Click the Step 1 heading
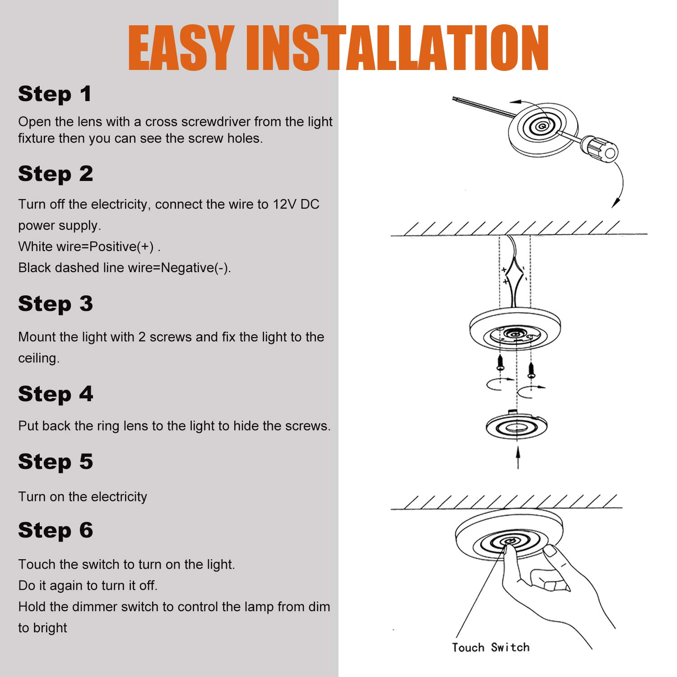click(x=55, y=94)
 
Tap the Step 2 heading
click(x=56, y=174)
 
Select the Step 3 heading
click(x=56, y=304)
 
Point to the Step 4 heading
click(x=56, y=394)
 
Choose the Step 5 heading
click(x=56, y=462)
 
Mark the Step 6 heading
click(x=56, y=530)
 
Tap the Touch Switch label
click(x=491, y=647)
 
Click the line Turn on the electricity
click(x=83, y=497)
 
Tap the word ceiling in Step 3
click(x=39, y=358)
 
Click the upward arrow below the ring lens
click(x=518, y=457)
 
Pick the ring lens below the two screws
click(x=516, y=426)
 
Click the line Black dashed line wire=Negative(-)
click(x=125, y=268)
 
